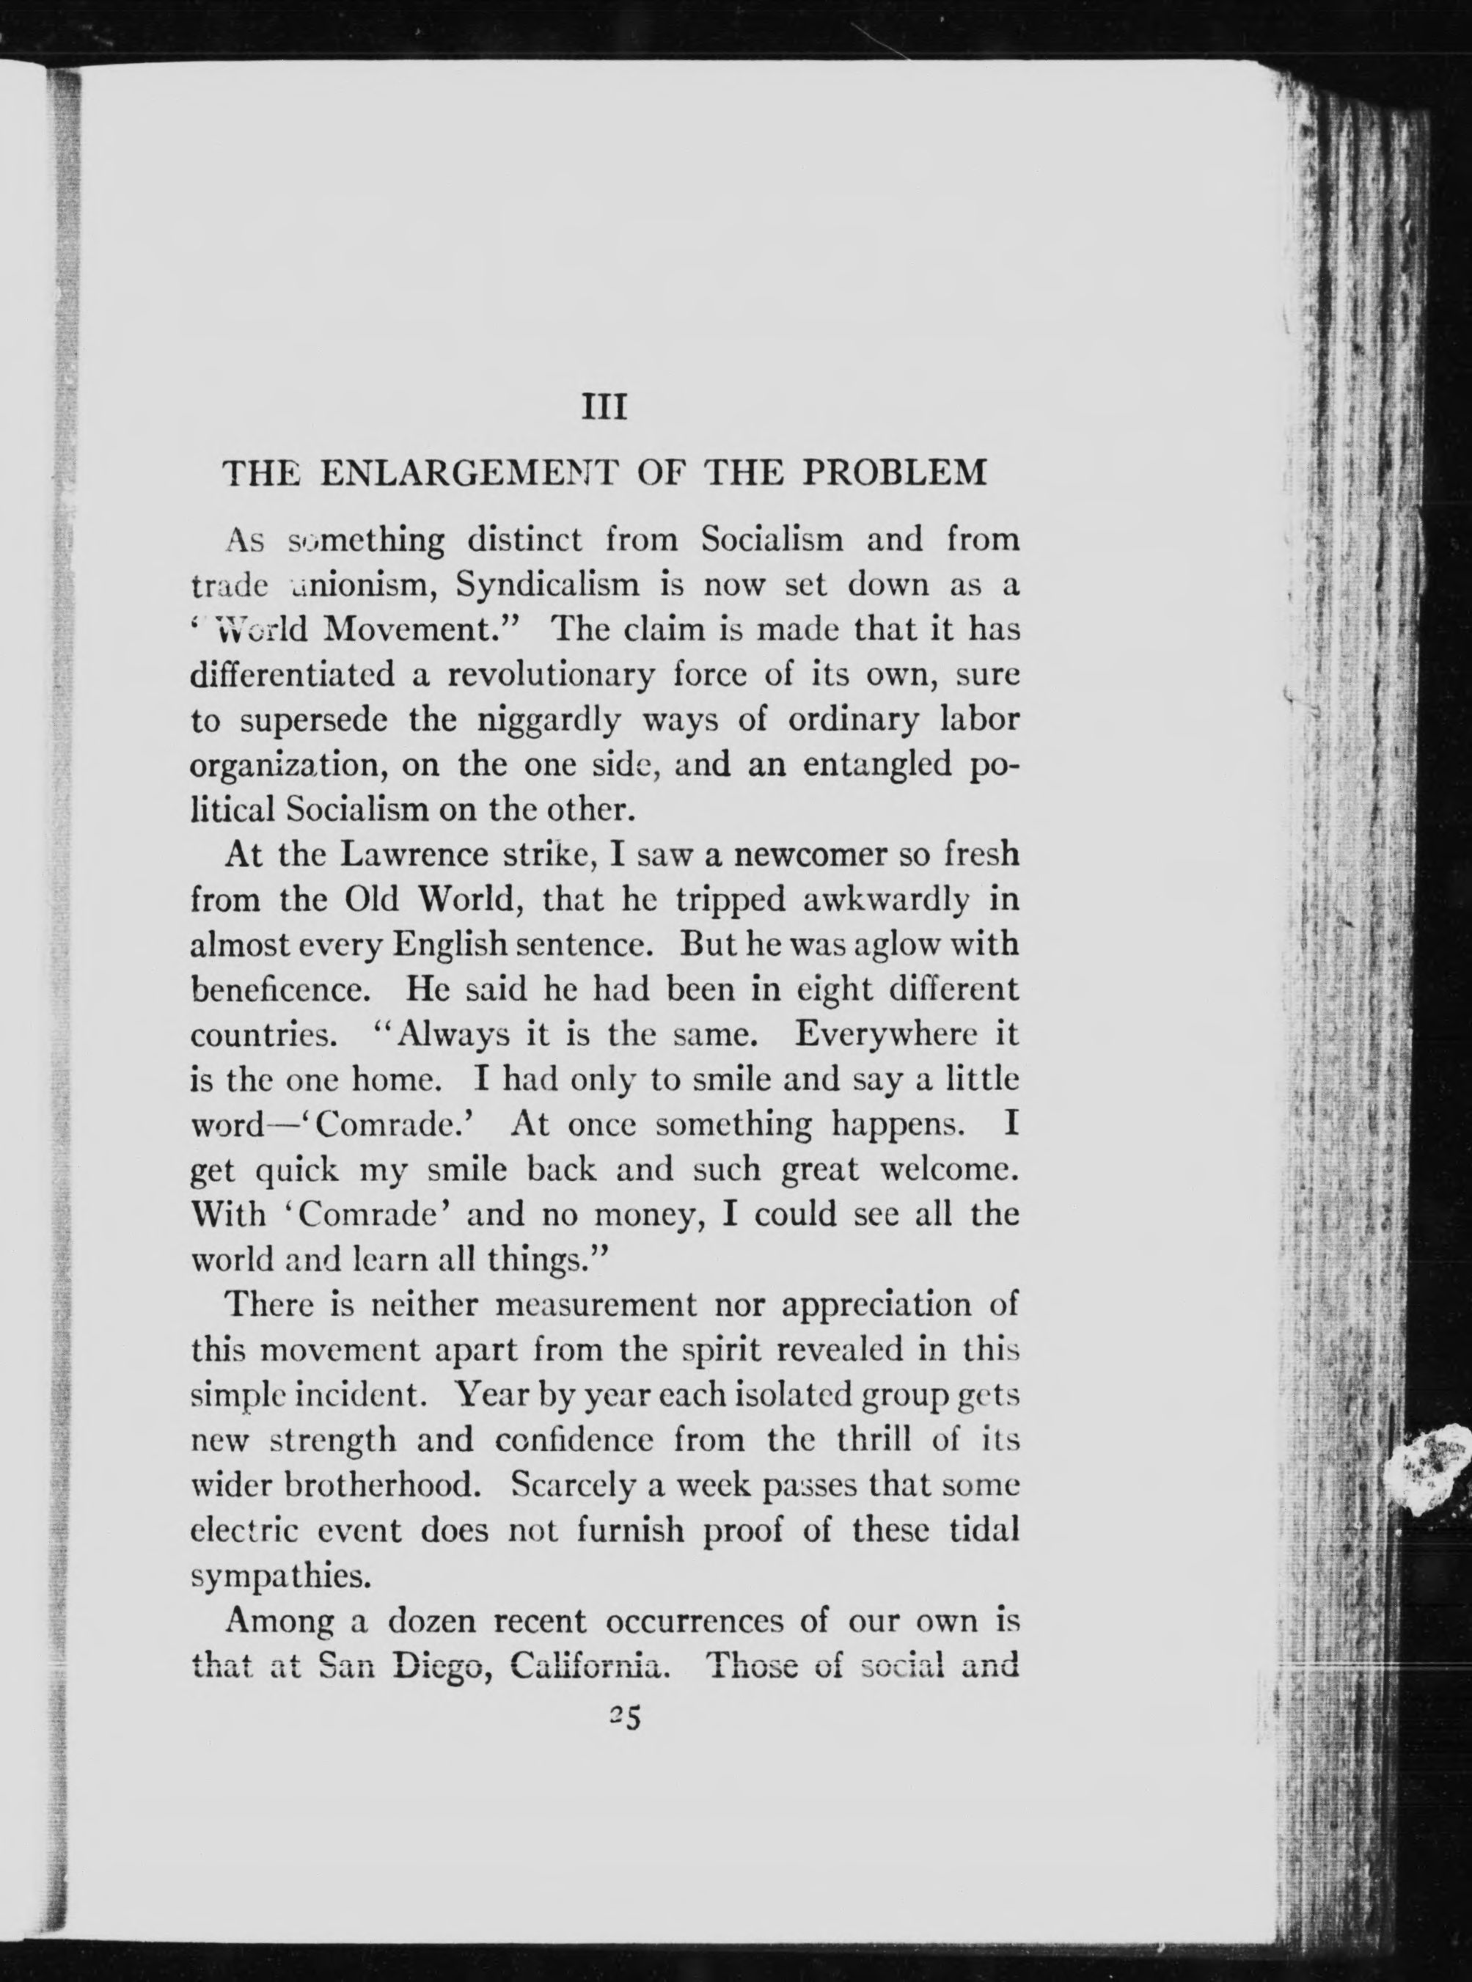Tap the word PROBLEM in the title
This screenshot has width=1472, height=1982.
tap(896, 472)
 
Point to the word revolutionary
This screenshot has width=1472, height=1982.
tap(551, 675)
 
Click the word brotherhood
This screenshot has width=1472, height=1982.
tap(387, 1485)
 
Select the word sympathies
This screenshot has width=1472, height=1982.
tap(268, 1576)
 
